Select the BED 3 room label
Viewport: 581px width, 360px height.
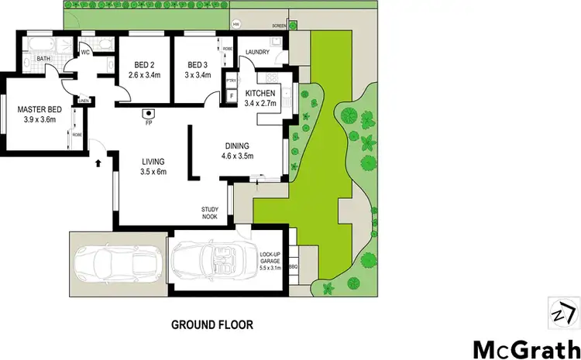click(x=198, y=65)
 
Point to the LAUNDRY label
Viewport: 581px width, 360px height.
click(x=256, y=53)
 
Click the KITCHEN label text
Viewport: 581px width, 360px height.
click(x=260, y=93)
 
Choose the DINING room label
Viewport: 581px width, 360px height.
click(x=236, y=145)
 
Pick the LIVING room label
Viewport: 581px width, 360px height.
click(x=153, y=162)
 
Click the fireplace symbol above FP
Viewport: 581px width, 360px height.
click(x=146, y=112)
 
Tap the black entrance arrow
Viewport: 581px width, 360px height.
click(x=98, y=163)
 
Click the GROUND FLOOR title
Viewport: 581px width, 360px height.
click(x=212, y=324)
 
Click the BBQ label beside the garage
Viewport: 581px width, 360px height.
click(x=293, y=267)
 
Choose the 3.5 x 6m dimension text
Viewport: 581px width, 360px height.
click(x=153, y=172)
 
